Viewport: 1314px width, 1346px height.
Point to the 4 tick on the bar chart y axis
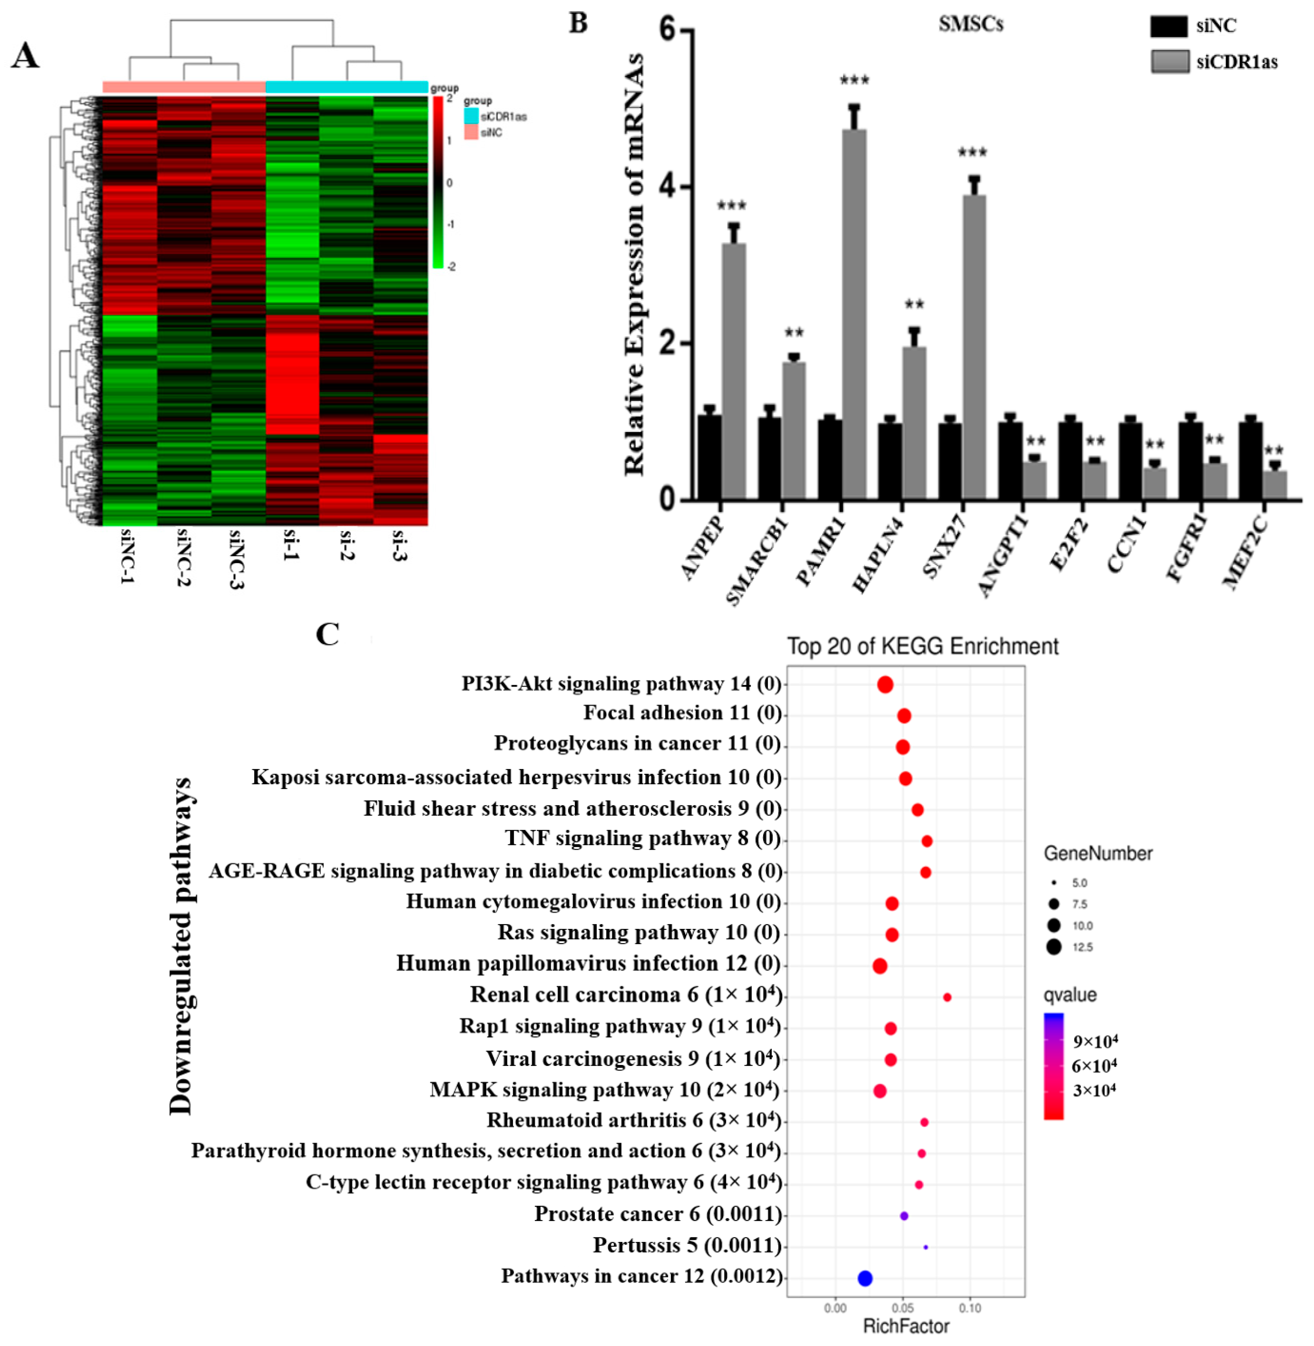[666, 188]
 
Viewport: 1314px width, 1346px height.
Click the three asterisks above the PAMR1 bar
[854, 81]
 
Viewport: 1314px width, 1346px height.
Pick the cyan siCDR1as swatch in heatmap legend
[471, 116]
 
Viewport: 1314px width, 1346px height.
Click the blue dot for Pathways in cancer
[865, 1278]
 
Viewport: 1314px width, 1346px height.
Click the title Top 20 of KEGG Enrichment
[923, 647]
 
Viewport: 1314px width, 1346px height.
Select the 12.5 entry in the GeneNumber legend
[1054, 947]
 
